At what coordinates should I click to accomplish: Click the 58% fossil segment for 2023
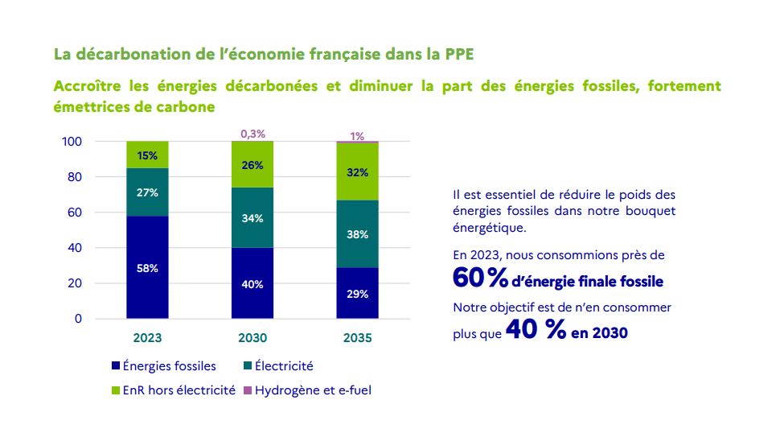pyautogui.click(x=147, y=267)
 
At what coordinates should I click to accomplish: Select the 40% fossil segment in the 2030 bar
pyautogui.click(x=252, y=283)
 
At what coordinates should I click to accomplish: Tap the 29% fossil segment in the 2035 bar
pyautogui.click(x=357, y=293)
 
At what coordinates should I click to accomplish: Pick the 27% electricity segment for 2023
pyautogui.click(x=147, y=192)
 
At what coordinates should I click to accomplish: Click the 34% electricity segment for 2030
pyautogui.click(x=252, y=218)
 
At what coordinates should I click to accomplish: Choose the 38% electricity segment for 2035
pyautogui.click(x=357, y=234)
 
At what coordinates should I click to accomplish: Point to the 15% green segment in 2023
pyautogui.click(x=147, y=155)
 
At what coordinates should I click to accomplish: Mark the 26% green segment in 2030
pyautogui.click(x=252, y=164)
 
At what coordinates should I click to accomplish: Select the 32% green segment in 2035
pyautogui.click(x=357, y=171)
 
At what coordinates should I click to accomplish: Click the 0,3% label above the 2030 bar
pyautogui.click(x=252, y=134)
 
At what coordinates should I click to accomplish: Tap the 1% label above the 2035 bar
pyautogui.click(x=357, y=136)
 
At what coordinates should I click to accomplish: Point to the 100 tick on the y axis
pyautogui.click(x=72, y=142)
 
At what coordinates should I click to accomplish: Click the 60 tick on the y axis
pyautogui.click(x=74, y=212)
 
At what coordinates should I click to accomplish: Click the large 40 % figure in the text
pyautogui.click(x=536, y=331)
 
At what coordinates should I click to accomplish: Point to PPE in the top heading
pyautogui.click(x=458, y=55)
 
